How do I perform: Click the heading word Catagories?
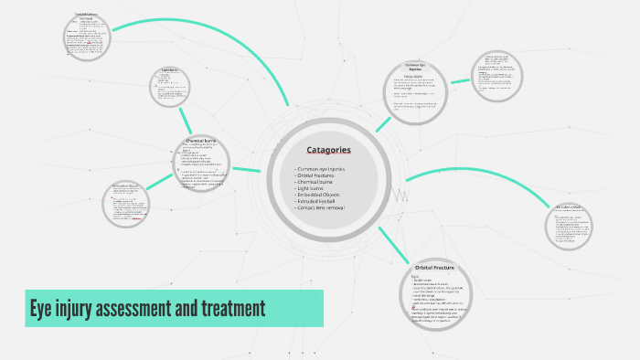pyautogui.click(x=328, y=150)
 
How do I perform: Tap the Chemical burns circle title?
pyautogui.click(x=201, y=140)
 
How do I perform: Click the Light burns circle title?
pyautogui.click(x=168, y=69)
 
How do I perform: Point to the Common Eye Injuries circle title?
pyautogui.click(x=416, y=67)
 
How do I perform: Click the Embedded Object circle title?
pyautogui.click(x=126, y=185)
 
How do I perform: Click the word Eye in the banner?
pyautogui.click(x=42, y=309)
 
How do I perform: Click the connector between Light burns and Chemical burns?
pyautogui.click(x=187, y=120)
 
